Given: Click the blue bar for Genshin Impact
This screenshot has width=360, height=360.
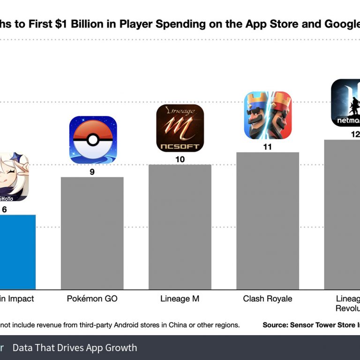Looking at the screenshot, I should pyautogui.click(x=17, y=252).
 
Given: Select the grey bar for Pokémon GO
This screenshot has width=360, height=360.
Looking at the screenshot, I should pyautogui.click(x=92, y=233).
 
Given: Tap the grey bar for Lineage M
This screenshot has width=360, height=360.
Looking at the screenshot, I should pyautogui.click(x=180, y=227).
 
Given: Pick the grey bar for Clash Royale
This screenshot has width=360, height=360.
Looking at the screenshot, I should pyautogui.click(x=268, y=220).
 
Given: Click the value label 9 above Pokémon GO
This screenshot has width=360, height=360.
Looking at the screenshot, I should pyautogui.click(x=92, y=172).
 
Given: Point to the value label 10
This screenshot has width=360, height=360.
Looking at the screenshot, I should pyautogui.click(x=180, y=159).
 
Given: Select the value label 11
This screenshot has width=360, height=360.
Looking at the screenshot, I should pyautogui.click(x=267, y=147).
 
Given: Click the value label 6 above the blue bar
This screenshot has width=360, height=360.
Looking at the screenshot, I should pyautogui.click(x=5, y=210).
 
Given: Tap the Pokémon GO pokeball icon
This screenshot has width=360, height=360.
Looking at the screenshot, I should pyautogui.click(x=93, y=140).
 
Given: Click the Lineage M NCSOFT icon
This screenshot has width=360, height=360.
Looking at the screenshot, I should pyautogui.click(x=180, y=128).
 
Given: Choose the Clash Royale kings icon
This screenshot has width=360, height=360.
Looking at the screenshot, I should pyautogui.click(x=268, y=115).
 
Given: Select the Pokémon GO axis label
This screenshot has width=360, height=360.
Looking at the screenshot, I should pyautogui.click(x=92, y=299).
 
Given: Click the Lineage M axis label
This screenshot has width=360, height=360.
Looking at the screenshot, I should pyautogui.click(x=180, y=299).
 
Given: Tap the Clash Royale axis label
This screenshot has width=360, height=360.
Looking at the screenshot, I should pyautogui.click(x=267, y=299).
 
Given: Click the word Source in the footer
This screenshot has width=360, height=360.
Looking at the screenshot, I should pyautogui.click(x=274, y=325).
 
